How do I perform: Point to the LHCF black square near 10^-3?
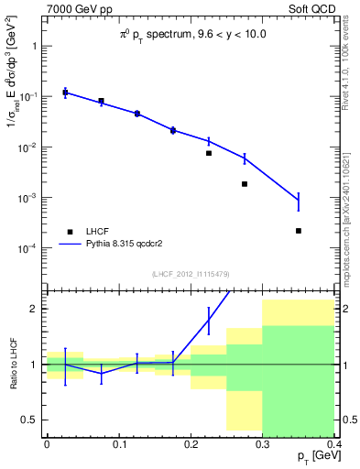click(245, 184)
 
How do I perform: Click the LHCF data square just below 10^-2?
click(209, 153)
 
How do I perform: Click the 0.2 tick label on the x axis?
click(191, 444)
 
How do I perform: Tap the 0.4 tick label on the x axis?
click(333, 444)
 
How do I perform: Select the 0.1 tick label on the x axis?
click(118, 444)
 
